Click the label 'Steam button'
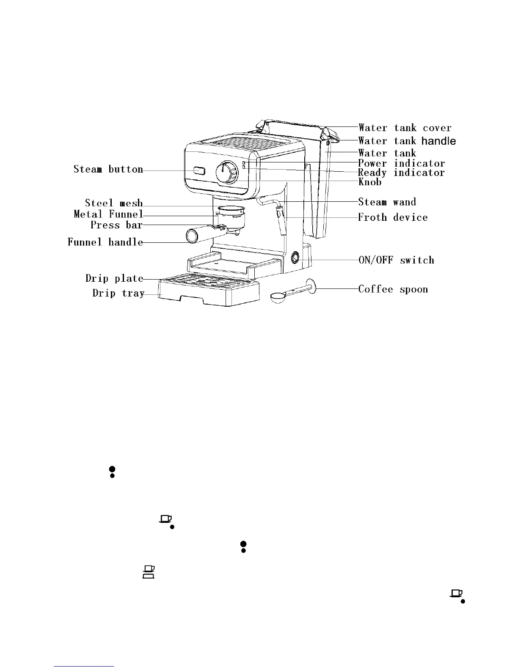[108, 170]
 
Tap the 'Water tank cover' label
[405, 128]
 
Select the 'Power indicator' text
[401, 163]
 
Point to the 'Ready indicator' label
[401, 173]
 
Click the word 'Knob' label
[370, 182]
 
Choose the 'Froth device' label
[393, 217]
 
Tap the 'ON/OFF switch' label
[396, 260]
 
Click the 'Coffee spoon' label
[393, 289]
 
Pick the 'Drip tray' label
[118, 293]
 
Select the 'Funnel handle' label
[105, 242]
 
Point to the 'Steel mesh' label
[114, 203]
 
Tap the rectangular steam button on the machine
[199, 171]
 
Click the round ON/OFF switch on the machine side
[295, 257]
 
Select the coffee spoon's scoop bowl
[278, 297]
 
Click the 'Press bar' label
[116, 225]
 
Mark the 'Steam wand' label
[387, 202]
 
